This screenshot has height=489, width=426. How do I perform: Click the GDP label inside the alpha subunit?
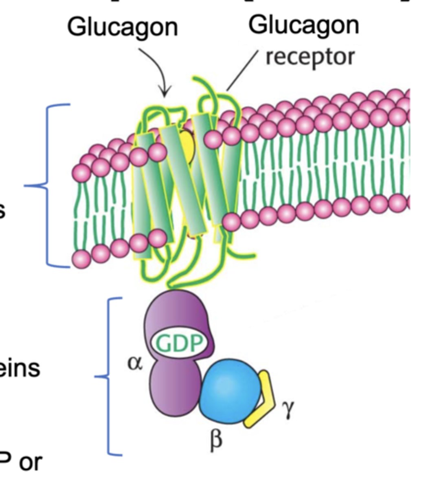click(180, 344)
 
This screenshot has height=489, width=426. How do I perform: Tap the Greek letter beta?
click(217, 440)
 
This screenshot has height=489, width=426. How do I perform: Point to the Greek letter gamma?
click(288, 409)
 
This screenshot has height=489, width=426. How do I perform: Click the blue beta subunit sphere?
click(231, 391)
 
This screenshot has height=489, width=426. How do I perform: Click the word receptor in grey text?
click(310, 57)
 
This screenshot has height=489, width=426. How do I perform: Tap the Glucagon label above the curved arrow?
click(123, 28)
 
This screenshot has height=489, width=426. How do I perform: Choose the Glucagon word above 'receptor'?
click(304, 25)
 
